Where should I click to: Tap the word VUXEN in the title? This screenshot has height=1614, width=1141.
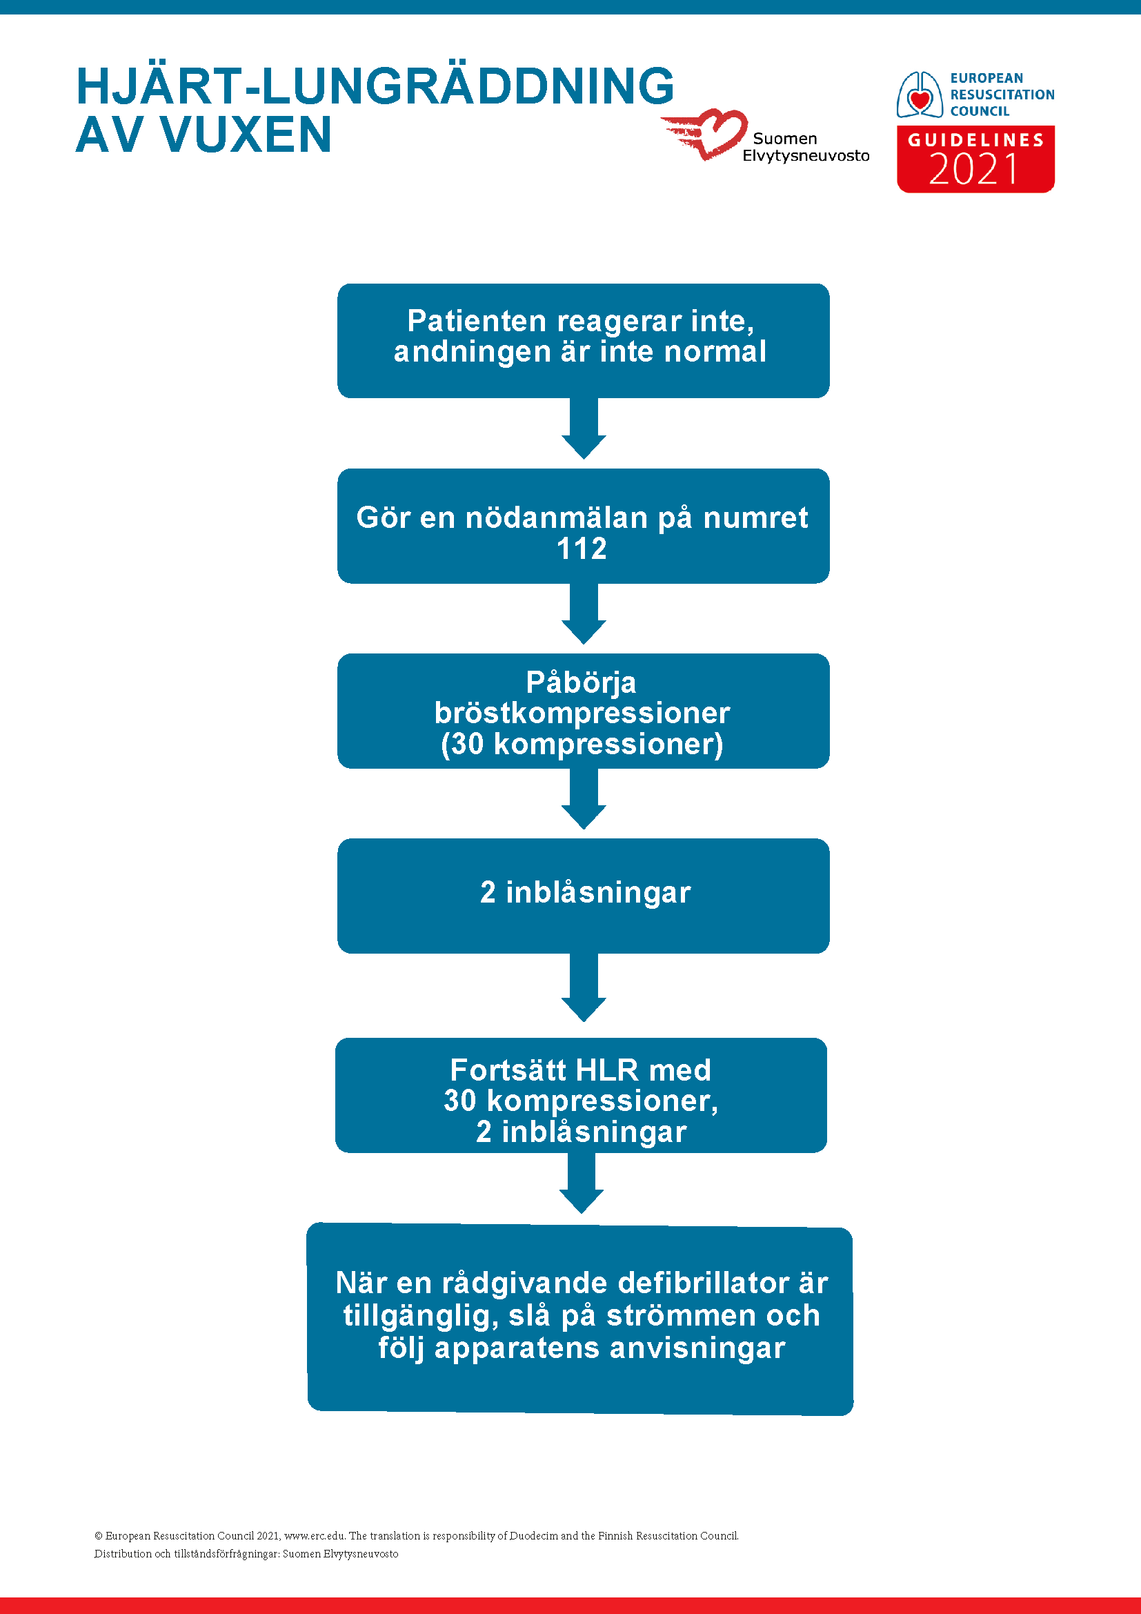tap(246, 135)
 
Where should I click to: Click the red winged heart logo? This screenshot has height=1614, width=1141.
tap(705, 134)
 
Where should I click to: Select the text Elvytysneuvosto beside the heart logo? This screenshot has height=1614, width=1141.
tap(806, 155)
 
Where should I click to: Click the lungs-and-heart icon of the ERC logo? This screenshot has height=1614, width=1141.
tap(919, 95)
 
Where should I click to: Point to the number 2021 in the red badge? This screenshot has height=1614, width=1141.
tap(974, 170)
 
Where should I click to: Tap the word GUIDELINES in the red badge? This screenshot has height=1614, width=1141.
tap(976, 140)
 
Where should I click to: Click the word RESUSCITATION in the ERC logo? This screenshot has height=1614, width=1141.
tap(1002, 95)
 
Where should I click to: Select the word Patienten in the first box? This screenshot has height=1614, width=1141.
tap(477, 322)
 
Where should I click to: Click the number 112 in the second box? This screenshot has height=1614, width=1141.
tap(582, 549)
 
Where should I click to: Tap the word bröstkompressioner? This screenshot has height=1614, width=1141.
tap(582, 713)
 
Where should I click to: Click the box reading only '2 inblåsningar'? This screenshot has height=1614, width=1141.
tap(583, 896)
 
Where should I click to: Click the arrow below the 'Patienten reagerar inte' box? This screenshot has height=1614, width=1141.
tap(584, 428)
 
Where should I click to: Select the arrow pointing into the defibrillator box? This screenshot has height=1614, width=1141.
tap(581, 1183)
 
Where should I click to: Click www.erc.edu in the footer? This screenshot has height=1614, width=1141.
tap(314, 1535)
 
